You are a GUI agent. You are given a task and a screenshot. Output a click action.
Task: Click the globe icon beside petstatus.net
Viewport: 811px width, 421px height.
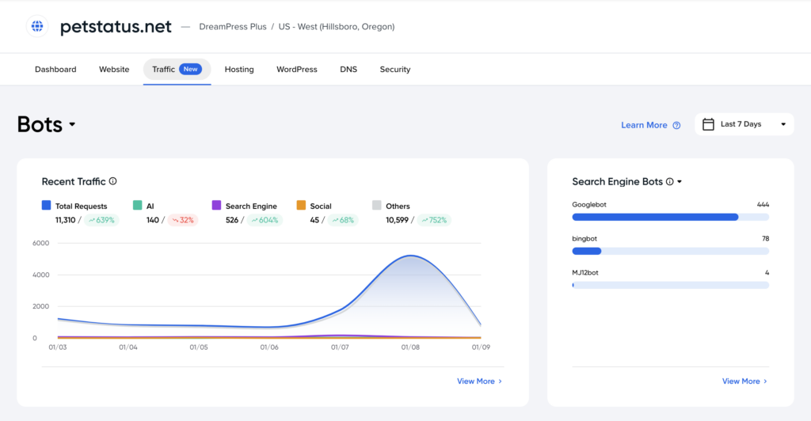37,26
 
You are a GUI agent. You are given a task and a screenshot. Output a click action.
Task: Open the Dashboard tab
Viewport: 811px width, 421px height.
55,69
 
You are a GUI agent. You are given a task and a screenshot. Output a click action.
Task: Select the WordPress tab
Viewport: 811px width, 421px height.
297,69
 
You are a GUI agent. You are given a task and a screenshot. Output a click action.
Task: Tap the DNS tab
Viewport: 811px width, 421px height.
348,69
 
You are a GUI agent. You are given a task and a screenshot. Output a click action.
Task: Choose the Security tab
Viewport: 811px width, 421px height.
395,69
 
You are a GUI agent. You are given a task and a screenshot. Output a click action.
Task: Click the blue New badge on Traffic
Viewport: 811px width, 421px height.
190,69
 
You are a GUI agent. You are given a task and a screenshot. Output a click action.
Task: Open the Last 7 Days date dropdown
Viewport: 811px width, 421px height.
744,124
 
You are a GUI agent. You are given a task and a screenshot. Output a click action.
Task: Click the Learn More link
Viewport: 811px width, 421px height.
644,125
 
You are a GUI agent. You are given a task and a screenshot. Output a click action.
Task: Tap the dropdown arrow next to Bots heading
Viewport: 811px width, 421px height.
72,124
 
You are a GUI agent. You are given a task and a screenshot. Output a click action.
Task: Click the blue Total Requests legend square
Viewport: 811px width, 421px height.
47,205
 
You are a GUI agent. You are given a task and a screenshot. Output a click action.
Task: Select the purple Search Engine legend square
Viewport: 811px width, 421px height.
217,205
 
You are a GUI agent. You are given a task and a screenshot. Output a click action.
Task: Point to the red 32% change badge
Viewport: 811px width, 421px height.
183,220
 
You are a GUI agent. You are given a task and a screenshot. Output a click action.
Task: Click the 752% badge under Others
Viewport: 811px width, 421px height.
434,220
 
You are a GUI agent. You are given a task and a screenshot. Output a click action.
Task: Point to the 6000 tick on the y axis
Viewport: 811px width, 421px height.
41,243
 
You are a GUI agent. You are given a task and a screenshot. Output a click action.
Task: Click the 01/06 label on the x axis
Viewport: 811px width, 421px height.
269,347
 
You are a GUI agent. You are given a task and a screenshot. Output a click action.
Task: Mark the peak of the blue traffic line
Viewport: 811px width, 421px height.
410,255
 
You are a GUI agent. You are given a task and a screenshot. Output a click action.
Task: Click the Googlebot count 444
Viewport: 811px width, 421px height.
763,204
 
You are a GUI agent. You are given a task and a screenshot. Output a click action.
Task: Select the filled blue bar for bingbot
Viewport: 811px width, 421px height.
587,251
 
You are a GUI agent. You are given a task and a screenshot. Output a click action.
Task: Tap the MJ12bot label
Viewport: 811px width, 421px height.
585,273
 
